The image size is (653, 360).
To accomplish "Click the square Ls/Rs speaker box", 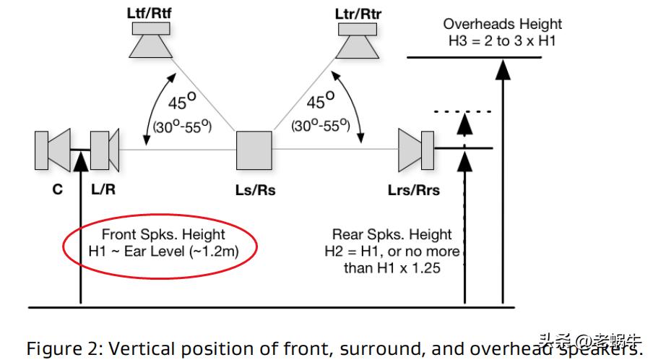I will click(254, 150).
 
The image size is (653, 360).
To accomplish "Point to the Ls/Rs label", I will click(254, 191).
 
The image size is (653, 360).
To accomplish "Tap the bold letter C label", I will click(57, 190).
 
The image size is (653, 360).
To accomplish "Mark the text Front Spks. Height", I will click(163, 234).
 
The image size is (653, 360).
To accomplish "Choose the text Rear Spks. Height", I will click(392, 234).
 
